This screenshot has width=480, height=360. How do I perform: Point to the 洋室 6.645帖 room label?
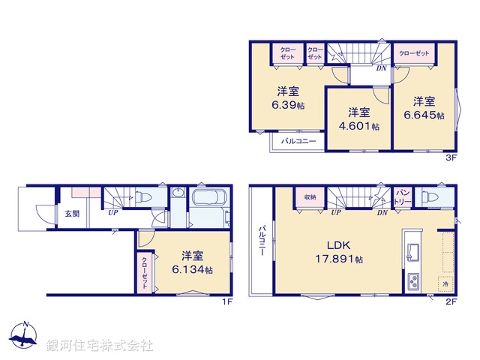click(x=424, y=107)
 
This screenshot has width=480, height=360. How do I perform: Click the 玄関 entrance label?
click(x=71, y=213)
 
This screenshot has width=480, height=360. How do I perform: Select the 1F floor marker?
click(x=226, y=302)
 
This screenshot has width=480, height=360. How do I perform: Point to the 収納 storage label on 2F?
click(x=310, y=197)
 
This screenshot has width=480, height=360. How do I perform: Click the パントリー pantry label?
click(x=402, y=197)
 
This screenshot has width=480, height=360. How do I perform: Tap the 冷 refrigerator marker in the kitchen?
click(x=445, y=284)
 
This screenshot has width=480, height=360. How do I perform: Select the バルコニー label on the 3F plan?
click(x=298, y=141)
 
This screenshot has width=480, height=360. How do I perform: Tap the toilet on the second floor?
click(x=428, y=197)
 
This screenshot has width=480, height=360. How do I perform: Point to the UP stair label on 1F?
click(x=112, y=212)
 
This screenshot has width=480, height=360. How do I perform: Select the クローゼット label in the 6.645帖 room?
click(x=414, y=53)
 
